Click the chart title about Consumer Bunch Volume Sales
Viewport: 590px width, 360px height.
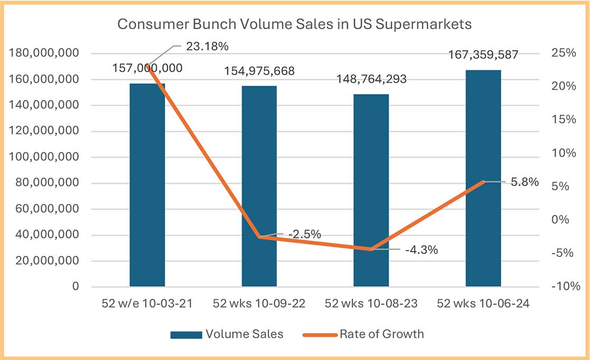(294, 24)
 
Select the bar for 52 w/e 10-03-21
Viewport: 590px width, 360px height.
(147, 185)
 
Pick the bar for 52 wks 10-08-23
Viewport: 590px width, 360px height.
(371, 190)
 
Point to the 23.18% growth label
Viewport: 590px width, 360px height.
(207, 47)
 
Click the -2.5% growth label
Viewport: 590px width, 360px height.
(305, 234)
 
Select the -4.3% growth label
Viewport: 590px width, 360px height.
(421, 250)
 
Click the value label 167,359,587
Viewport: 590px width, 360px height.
(483, 54)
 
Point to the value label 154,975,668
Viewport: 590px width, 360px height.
(259, 71)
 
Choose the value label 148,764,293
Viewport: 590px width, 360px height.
(371, 79)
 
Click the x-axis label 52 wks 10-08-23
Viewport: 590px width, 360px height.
(371, 303)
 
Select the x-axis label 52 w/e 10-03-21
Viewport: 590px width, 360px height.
(147, 303)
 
